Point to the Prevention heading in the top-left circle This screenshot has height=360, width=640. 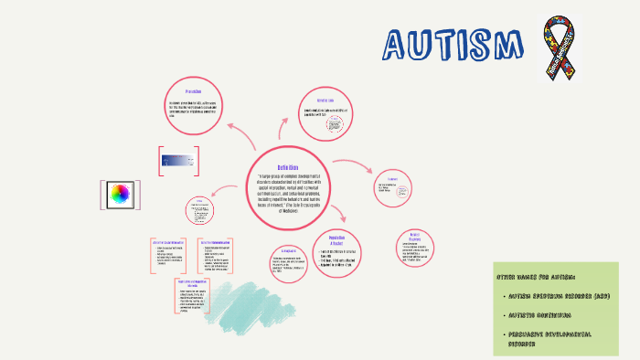[193, 91]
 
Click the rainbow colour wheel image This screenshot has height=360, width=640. [120, 195]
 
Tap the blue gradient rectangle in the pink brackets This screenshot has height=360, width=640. [177, 160]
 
